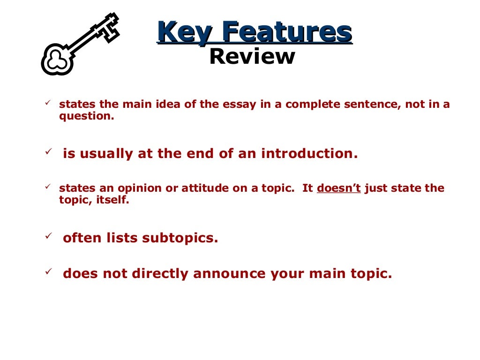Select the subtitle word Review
[252, 57]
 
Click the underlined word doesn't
[339, 188]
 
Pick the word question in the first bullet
[86, 116]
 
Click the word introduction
[309, 154]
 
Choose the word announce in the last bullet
[223, 274]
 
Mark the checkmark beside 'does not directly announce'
[47, 271]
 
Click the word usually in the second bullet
[105, 154]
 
